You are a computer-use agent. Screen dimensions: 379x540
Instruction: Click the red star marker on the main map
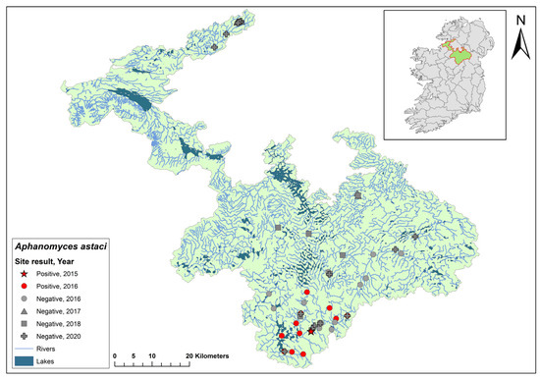(311, 331)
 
